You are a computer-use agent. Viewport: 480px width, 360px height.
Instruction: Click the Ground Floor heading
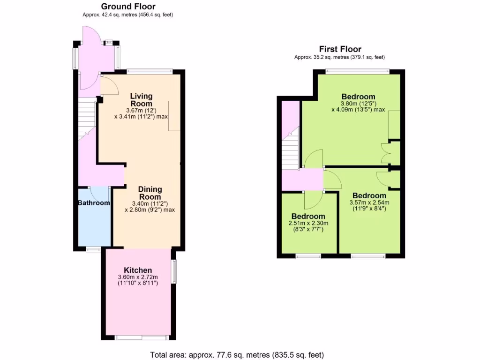pyautogui.click(x=128, y=7)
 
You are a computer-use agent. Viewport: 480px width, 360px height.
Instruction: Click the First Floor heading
pyautogui.click(x=340, y=49)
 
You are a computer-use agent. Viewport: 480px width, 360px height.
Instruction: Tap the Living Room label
pyautogui.click(x=141, y=100)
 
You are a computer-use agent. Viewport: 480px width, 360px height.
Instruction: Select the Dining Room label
pyautogui.click(x=150, y=193)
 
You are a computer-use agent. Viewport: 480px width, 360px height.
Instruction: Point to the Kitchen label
pyautogui.click(x=137, y=270)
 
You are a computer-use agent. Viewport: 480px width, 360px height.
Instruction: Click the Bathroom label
pyautogui.click(x=94, y=203)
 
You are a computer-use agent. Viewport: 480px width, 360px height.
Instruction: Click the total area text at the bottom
pyautogui.click(x=237, y=355)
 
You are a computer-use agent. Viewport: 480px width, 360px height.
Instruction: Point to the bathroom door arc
pyautogui.click(x=99, y=194)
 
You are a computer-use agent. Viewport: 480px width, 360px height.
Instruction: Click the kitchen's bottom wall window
pyautogui.click(x=141, y=337)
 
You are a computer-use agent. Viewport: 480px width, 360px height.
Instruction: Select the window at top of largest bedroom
pyautogui.click(x=357, y=71)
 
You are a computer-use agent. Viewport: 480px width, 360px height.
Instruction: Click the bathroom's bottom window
pyautogui.click(x=93, y=249)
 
